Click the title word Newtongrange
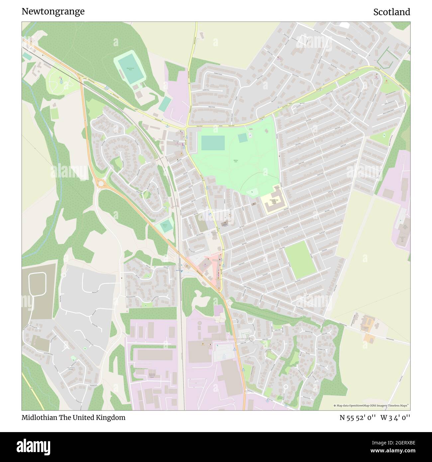coord(53,12)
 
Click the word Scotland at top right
coord(391,12)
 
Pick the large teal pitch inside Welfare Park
coord(213,143)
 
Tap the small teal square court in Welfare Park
coord(243,138)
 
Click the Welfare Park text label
coord(235,161)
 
